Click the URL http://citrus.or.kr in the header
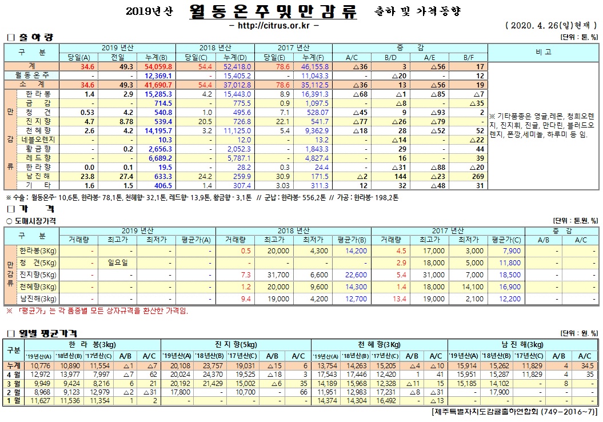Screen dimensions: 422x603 [x=273, y=26]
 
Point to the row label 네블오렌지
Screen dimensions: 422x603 [x=38, y=140]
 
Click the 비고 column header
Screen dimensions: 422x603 [x=544, y=52]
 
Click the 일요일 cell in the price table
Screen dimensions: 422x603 [x=117, y=262]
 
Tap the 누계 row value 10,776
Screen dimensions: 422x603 [x=39, y=365]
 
